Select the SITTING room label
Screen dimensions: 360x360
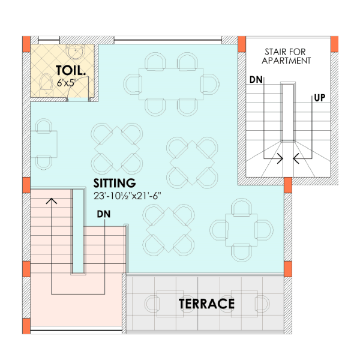[114, 182]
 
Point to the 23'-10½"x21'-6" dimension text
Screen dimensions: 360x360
[128, 196]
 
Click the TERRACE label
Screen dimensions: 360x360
[206, 304]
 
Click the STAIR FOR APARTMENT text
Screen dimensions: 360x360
[287, 56]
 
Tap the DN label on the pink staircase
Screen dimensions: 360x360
[103, 214]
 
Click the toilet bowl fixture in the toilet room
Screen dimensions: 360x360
[46, 82]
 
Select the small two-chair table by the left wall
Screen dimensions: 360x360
[46, 143]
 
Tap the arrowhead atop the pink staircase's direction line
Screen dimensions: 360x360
[52, 200]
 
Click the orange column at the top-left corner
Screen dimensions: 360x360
[26, 44]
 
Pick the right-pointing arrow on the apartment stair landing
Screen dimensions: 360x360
[279, 159]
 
